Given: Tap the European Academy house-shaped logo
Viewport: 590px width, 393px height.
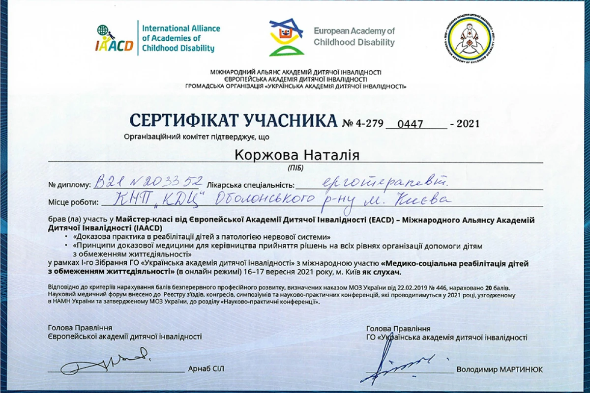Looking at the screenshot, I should coord(286,37).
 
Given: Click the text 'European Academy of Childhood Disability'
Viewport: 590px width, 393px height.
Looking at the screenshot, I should coord(354,37).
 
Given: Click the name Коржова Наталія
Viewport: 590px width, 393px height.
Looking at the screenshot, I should coord(297,155).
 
